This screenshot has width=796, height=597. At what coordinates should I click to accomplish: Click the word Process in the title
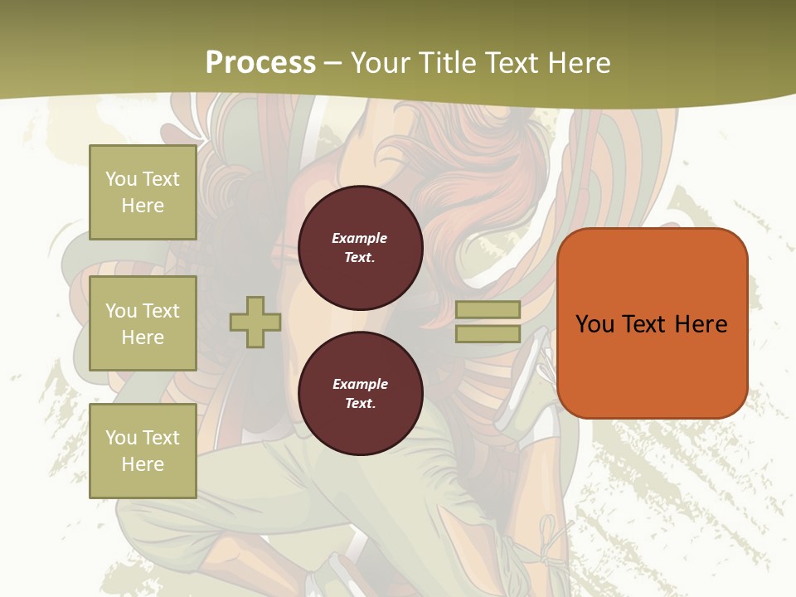tap(260, 63)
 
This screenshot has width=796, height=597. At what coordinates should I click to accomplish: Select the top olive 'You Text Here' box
tap(143, 192)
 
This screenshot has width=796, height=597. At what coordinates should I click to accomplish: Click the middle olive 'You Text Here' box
tap(143, 323)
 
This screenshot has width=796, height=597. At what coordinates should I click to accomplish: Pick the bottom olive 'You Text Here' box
tap(143, 450)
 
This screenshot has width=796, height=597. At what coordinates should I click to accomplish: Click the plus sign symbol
tap(255, 323)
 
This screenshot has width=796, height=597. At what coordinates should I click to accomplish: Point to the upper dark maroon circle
tap(361, 248)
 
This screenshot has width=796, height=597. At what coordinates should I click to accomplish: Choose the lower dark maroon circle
tap(361, 394)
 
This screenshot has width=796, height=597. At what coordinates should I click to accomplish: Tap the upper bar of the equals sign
tap(488, 310)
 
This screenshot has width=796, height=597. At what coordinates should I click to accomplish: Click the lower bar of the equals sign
tap(488, 334)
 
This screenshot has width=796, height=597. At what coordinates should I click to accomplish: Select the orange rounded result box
tap(653, 323)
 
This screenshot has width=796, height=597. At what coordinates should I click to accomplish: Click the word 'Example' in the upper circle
tap(360, 238)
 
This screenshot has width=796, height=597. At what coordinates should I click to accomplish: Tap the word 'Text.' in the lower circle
tap(361, 404)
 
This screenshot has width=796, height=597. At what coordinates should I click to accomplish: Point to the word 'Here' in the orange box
tap(701, 323)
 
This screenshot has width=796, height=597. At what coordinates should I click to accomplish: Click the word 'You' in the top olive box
tap(121, 179)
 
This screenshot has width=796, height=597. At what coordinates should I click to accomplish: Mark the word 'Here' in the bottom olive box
tap(143, 464)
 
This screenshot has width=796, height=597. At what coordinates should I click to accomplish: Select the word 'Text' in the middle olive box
tap(161, 311)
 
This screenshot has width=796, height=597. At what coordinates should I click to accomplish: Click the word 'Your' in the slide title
tap(379, 63)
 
